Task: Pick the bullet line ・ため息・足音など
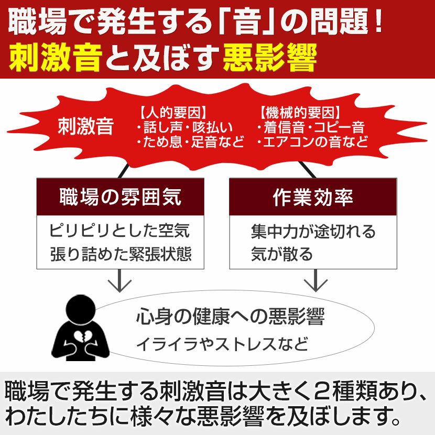[x=189, y=142]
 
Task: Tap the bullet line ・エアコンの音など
[x=312, y=142]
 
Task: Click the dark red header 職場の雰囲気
[x=120, y=197]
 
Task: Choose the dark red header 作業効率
[x=312, y=197]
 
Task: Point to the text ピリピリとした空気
[x=119, y=231]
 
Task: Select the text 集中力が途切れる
[x=313, y=231]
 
